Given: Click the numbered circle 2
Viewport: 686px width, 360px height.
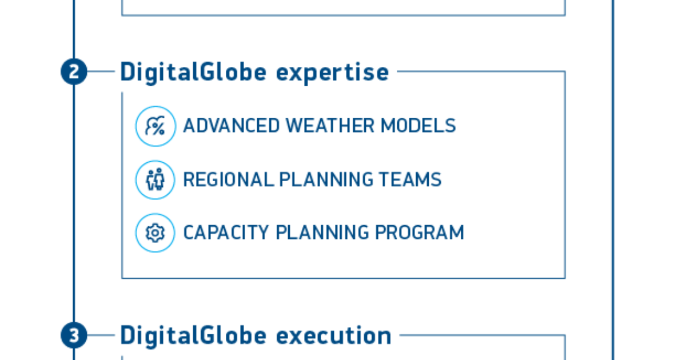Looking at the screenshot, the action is click(x=74, y=71).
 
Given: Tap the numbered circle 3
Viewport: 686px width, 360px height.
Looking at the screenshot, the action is click(x=74, y=335).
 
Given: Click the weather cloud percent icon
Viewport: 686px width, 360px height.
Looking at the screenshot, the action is click(x=155, y=126).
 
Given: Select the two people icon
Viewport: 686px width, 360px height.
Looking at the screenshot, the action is click(x=155, y=179).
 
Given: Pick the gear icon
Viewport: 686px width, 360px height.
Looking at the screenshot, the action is click(x=155, y=233).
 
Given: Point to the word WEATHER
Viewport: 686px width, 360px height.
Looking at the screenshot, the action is click(x=330, y=126).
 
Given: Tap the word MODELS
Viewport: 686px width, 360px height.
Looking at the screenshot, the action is click(x=418, y=126).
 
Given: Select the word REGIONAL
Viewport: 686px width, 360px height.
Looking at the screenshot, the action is click(x=229, y=179).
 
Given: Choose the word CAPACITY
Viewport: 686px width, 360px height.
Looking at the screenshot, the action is click(x=226, y=233).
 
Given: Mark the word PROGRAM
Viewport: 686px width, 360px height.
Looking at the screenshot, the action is click(x=420, y=233).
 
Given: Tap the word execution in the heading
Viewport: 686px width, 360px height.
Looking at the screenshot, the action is click(x=334, y=336).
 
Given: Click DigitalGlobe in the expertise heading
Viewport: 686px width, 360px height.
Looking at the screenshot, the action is click(x=193, y=73).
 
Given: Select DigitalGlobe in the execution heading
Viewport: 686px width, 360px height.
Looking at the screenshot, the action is click(x=193, y=336).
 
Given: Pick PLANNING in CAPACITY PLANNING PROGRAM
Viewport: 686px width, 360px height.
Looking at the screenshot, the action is click(x=322, y=233).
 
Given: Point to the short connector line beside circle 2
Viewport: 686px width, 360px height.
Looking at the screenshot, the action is click(x=101, y=71).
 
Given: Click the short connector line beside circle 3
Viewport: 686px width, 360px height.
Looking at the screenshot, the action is click(x=101, y=335).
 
